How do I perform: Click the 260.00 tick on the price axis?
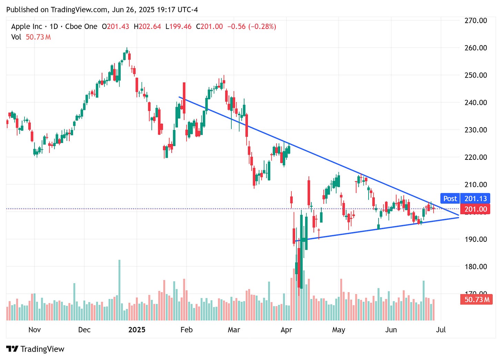point(475,48)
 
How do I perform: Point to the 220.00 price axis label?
point(475,157)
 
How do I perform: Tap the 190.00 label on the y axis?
point(475,239)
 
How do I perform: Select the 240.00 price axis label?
point(475,102)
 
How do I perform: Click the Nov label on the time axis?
point(34,330)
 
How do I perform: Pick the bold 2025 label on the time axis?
point(137,330)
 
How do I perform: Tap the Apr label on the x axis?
point(286,330)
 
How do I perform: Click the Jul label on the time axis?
point(441,330)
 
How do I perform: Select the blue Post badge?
point(450,198)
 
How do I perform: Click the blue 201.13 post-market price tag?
point(475,198)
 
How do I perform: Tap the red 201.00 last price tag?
point(475,209)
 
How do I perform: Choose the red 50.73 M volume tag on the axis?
point(476,299)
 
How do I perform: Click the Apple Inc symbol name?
point(27,27)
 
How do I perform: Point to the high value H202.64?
point(147,27)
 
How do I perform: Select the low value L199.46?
point(178,27)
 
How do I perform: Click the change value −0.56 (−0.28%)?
point(252,27)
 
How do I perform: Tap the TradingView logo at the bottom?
point(35,349)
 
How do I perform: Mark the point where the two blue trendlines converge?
point(459,216)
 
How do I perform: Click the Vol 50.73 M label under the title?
point(31,37)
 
